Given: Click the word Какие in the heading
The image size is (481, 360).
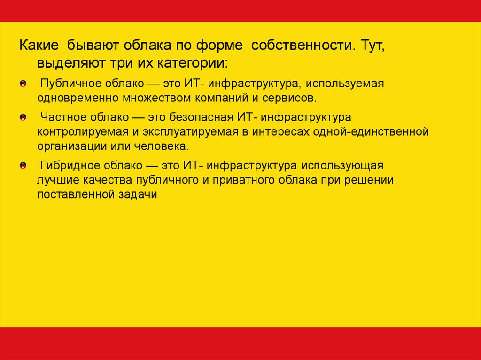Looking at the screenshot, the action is pos(39,45).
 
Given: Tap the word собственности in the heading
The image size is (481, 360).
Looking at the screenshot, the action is pos(301,46).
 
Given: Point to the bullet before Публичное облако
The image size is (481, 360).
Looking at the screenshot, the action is pos(23,84).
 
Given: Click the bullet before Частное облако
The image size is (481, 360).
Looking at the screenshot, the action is pos(23,117).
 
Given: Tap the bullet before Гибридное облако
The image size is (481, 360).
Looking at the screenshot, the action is pos(23,166).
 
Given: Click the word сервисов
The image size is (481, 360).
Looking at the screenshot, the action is pos(289,99).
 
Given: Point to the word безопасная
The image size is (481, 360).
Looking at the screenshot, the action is pos(202,117).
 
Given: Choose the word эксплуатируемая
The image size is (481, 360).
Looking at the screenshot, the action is pos(190,132).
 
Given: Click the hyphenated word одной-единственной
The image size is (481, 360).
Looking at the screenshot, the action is pos(371,132).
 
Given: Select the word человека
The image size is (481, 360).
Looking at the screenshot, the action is pos(162,146).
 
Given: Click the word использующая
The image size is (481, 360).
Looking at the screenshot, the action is pos(342,166).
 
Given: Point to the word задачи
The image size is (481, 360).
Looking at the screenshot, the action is pos(138,195).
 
